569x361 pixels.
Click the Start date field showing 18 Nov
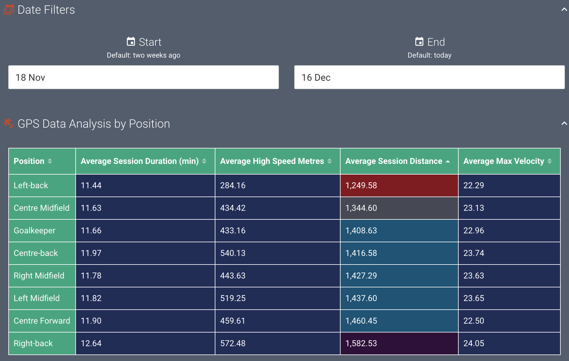pos(143,77)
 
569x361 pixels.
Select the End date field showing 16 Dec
pos(429,77)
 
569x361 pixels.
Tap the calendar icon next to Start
pos(131,42)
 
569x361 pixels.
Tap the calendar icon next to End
pos(419,42)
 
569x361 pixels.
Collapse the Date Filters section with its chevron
pos(564,9)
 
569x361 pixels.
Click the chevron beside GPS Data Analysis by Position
pos(564,123)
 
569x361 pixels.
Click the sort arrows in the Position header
pos(50,161)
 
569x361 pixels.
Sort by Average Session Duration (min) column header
pos(140,161)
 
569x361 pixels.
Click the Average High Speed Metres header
pos(272,161)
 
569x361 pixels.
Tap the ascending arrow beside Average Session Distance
pos(448,161)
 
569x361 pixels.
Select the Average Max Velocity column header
pos(503,161)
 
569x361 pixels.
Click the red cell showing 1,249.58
pos(399,185)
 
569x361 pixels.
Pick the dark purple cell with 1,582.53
pos(399,343)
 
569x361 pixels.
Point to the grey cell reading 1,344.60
pos(399,208)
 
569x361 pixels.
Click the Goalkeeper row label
pos(34,230)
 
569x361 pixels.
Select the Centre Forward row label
pos(42,321)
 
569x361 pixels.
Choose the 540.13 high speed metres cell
pos(233,253)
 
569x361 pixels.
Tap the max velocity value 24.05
pos(474,343)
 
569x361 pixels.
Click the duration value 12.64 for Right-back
pos(91,343)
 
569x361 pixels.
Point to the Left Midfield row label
pos(36,298)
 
